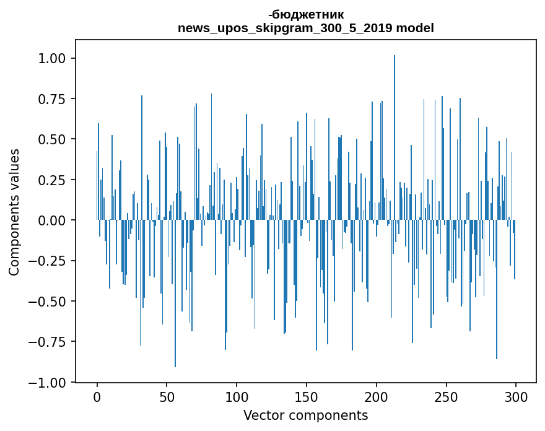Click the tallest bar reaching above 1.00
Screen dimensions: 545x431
(x=394, y=137)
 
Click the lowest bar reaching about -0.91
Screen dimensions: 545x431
(x=175, y=294)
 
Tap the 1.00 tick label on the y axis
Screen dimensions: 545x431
(x=52, y=58)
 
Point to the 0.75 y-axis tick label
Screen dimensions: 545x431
(x=52, y=99)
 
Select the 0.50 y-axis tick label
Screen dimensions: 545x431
(x=52, y=139)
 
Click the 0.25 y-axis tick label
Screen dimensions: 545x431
(x=52, y=180)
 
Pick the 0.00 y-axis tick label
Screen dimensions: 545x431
(x=52, y=220)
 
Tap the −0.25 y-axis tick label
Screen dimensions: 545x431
(x=47, y=261)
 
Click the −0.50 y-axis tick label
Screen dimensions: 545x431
(x=47, y=302)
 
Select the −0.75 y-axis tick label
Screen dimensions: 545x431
(x=47, y=342)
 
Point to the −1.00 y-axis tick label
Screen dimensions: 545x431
(x=47, y=382)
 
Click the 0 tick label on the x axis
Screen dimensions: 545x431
(x=97, y=397)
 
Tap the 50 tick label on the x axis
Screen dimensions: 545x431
(x=167, y=397)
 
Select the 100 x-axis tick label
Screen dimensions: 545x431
(x=237, y=397)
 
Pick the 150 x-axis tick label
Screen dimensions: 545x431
(x=307, y=397)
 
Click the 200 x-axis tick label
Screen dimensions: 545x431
(x=377, y=397)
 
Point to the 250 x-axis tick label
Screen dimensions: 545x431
(x=446, y=397)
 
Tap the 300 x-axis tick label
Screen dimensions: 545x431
(x=516, y=397)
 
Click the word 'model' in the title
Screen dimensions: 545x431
(x=415, y=28)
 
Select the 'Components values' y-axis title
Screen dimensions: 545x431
(x=14, y=212)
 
